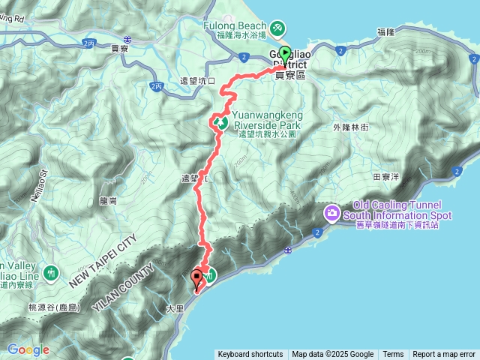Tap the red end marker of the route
coord(197,279)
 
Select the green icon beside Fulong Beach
coord(277,28)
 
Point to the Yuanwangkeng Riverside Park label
coord(266,121)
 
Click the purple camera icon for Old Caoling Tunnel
coord(331,214)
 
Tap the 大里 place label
coord(174,307)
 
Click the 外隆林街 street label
coord(350,127)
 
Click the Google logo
coord(28,349)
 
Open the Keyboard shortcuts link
coord(250,355)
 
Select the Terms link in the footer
coord(393,355)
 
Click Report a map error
coord(444,355)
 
